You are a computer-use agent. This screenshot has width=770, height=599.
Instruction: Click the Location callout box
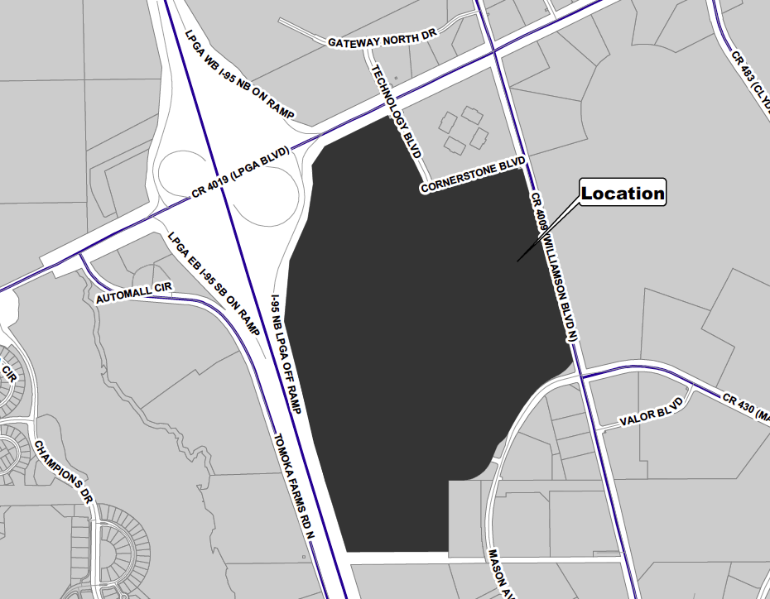(x=623, y=194)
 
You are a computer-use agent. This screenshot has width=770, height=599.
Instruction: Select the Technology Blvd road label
(x=397, y=112)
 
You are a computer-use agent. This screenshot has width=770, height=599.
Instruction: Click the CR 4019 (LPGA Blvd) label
(x=239, y=172)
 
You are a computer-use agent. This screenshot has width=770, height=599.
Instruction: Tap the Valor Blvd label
(x=652, y=413)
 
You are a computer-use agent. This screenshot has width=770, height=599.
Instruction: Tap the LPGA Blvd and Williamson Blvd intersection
(x=495, y=52)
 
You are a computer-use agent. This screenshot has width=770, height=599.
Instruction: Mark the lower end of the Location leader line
(x=518, y=261)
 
